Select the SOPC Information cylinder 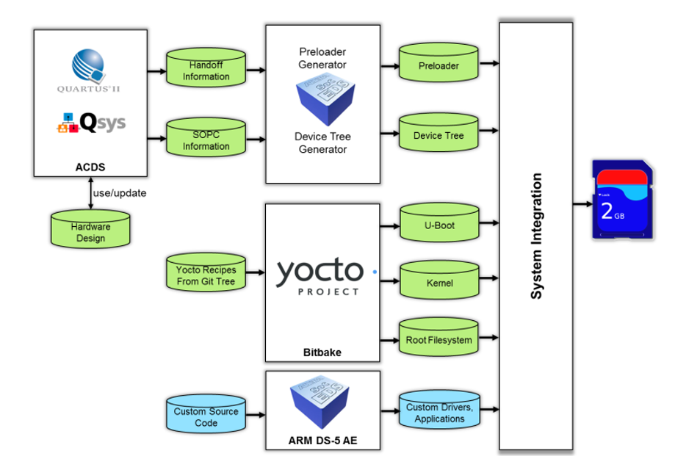coord(206,140)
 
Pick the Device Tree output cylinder coord(438,135)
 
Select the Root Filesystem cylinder coord(438,340)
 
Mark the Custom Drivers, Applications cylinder coord(438,413)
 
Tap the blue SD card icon coord(622,200)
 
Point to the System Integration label coord(537,236)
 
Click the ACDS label coord(90,167)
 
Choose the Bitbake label coord(322,352)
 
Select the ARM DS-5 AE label coord(322,441)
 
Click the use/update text coord(120,194)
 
